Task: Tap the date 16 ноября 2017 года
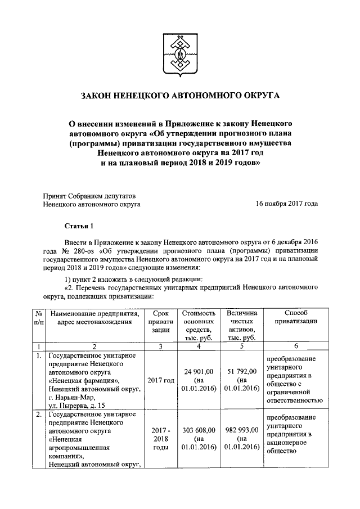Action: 286,205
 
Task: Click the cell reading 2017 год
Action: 160,380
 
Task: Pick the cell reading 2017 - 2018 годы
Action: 160,439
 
